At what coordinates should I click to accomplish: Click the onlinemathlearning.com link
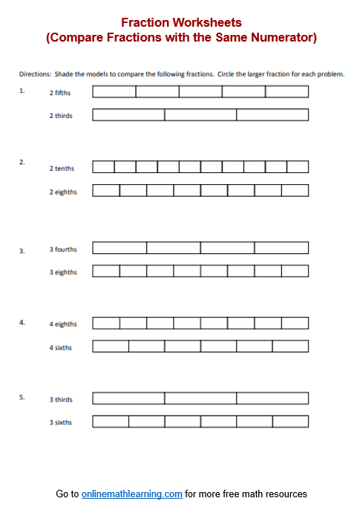(x=132, y=494)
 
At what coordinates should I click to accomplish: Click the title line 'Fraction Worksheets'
(x=181, y=23)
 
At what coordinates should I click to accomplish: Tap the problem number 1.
(x=22, y=91)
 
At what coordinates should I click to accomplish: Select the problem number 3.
(x=22, y=251)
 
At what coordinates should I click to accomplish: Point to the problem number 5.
(x=22, y=397)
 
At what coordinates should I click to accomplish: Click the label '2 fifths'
(x=61, y=94)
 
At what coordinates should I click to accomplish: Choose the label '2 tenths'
(x=62, y=168)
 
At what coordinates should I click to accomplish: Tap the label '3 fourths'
(x=63, y=249)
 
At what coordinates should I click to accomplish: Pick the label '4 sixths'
(x=61, y=347)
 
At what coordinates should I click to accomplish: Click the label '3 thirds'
(x=61, y=399)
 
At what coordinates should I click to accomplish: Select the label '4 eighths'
(x=63, y=324)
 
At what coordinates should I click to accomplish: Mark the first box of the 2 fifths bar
(x=114, y=91)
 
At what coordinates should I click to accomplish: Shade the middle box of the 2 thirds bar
(x=200, y=115)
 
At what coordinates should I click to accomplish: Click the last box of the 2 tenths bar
(x=298, y=167)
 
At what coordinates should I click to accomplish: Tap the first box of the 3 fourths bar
(x=120, y=248)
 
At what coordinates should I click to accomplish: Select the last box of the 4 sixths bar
(x=290, y=346)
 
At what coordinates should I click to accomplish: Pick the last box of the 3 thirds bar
(x=272, y=398)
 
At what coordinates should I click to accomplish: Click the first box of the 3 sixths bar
(x=111, y=422)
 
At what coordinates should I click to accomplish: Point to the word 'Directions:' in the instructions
(x=35, y=74)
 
